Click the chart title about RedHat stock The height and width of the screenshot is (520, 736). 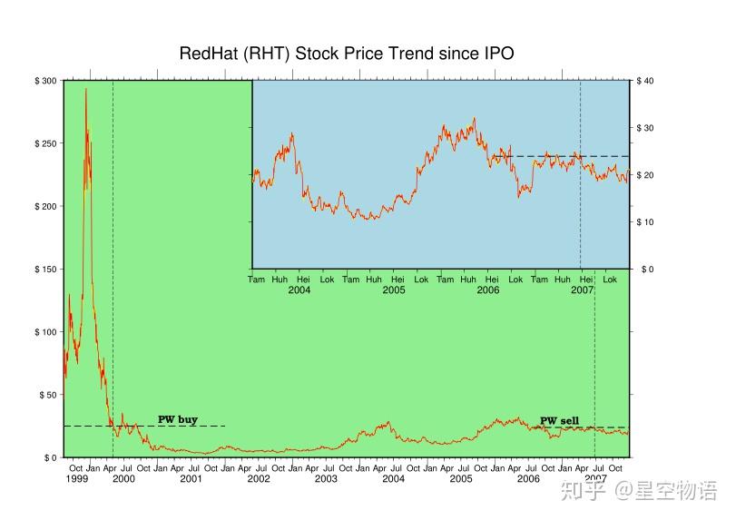(347, 54)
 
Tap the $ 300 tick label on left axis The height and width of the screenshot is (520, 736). (45, 82)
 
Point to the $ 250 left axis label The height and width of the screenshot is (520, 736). (45, 144)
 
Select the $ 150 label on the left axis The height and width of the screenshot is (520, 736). (45, 270)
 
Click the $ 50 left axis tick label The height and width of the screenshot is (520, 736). (47, 395)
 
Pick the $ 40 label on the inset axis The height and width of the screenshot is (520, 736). (645, 82)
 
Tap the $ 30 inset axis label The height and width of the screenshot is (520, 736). (645, 128)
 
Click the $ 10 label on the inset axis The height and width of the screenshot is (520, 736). (645, 222)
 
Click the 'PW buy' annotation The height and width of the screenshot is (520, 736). (178, 420)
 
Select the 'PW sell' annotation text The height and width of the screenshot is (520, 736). (559, 421)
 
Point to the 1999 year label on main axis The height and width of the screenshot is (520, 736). (77, 478)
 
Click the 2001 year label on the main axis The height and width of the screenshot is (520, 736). (191, 478)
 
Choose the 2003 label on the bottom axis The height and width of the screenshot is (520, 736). (326, 478)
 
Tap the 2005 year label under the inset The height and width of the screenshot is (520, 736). (394, 290)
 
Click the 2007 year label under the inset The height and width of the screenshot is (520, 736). (583, 290)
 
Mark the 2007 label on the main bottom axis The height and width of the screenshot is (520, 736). (595, 478)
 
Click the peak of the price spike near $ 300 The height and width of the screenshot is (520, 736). (86, 89)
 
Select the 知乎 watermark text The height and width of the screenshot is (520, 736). (579, 491)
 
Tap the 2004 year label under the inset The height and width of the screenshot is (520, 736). (299, 290)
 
